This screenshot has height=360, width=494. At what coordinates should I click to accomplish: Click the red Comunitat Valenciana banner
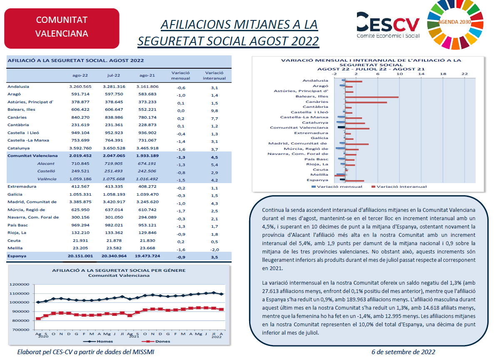click(62, 28)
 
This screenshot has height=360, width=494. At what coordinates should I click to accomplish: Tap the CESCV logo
click(388, 25)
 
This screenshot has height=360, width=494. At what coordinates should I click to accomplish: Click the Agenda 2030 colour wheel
click(455, 24)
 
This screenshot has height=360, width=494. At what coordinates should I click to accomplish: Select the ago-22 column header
click(80, 75)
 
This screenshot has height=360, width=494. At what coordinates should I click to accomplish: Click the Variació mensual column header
click(180, 75)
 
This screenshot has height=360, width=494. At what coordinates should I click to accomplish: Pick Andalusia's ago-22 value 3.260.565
click(80, 87)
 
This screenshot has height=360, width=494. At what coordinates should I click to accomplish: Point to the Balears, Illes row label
click(21, 109)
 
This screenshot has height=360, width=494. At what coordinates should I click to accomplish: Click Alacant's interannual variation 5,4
click(215, 165)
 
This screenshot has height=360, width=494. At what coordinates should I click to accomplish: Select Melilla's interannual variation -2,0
click(215, 250)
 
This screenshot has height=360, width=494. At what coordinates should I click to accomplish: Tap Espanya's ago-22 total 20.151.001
click(80, 256)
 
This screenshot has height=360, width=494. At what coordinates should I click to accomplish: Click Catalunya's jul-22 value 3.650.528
click(114, 148)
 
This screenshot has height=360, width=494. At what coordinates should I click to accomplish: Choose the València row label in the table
click(47, 179)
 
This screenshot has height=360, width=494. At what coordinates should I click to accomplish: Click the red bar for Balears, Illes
click(372, 97)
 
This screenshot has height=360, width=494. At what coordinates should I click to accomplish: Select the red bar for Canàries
click(366, 102)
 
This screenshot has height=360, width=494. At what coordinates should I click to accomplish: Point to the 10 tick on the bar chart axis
click(399, 74)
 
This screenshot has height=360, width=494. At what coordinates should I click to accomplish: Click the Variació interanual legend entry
click(399, 186)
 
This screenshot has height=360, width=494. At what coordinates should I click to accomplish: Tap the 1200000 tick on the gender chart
click(20, 285)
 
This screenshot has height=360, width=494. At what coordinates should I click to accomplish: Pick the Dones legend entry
click(156, 341)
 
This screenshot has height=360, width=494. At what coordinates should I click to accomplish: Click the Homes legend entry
click(98, 341)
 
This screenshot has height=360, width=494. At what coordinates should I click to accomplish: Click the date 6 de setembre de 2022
click(403, 352)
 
